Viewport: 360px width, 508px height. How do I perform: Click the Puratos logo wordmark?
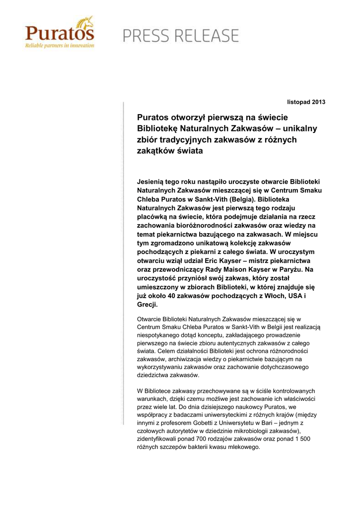point(59,34)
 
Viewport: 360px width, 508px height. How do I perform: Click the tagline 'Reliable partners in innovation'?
point(60,45)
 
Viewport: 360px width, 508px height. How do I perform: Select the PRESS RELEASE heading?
point(181,36)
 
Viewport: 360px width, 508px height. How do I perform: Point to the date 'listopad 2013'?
point(306,102)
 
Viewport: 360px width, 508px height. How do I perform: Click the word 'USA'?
point(289,296)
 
